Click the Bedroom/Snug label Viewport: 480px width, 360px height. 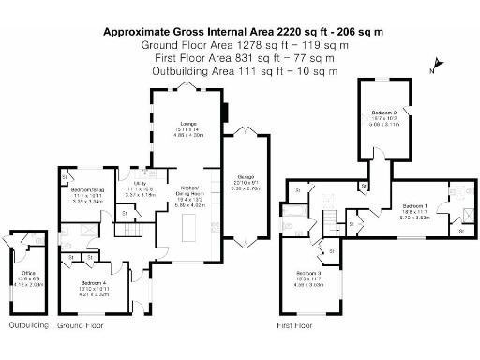[86, 191]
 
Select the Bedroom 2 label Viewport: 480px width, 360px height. [383, 113]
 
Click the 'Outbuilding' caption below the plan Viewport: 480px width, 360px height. [28, 325]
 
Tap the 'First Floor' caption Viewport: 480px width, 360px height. [293, 325]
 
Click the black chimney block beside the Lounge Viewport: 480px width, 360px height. [223, 110]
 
